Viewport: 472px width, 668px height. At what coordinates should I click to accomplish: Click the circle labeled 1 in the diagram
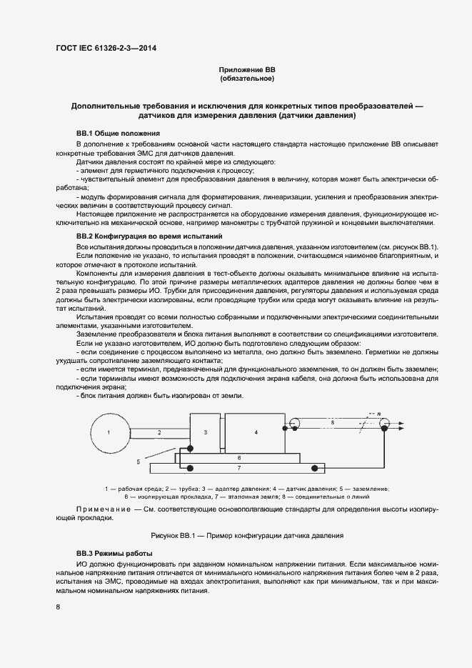pos(109,432)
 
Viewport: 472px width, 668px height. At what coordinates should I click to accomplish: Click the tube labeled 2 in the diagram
pos(160,432)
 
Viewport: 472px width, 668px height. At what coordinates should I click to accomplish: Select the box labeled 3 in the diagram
pos(205,432)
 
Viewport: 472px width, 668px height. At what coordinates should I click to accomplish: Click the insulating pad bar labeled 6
pos(239,456)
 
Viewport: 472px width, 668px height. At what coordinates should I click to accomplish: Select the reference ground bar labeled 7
pos(239,468)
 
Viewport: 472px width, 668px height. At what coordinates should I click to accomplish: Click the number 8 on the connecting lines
pos(332,424)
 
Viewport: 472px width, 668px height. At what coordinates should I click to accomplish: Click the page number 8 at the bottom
pos(57,607)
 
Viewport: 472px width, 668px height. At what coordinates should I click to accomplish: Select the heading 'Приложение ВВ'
pos(246,70)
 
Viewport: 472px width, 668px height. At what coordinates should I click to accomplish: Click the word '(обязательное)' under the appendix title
pos(246,79)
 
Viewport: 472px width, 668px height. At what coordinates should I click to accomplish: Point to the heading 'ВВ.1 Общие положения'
pos(118,133)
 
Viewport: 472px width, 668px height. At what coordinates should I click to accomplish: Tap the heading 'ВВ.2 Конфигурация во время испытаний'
pos(149,235)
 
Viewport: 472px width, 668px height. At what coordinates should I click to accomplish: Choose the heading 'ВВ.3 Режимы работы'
pos(114,554)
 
